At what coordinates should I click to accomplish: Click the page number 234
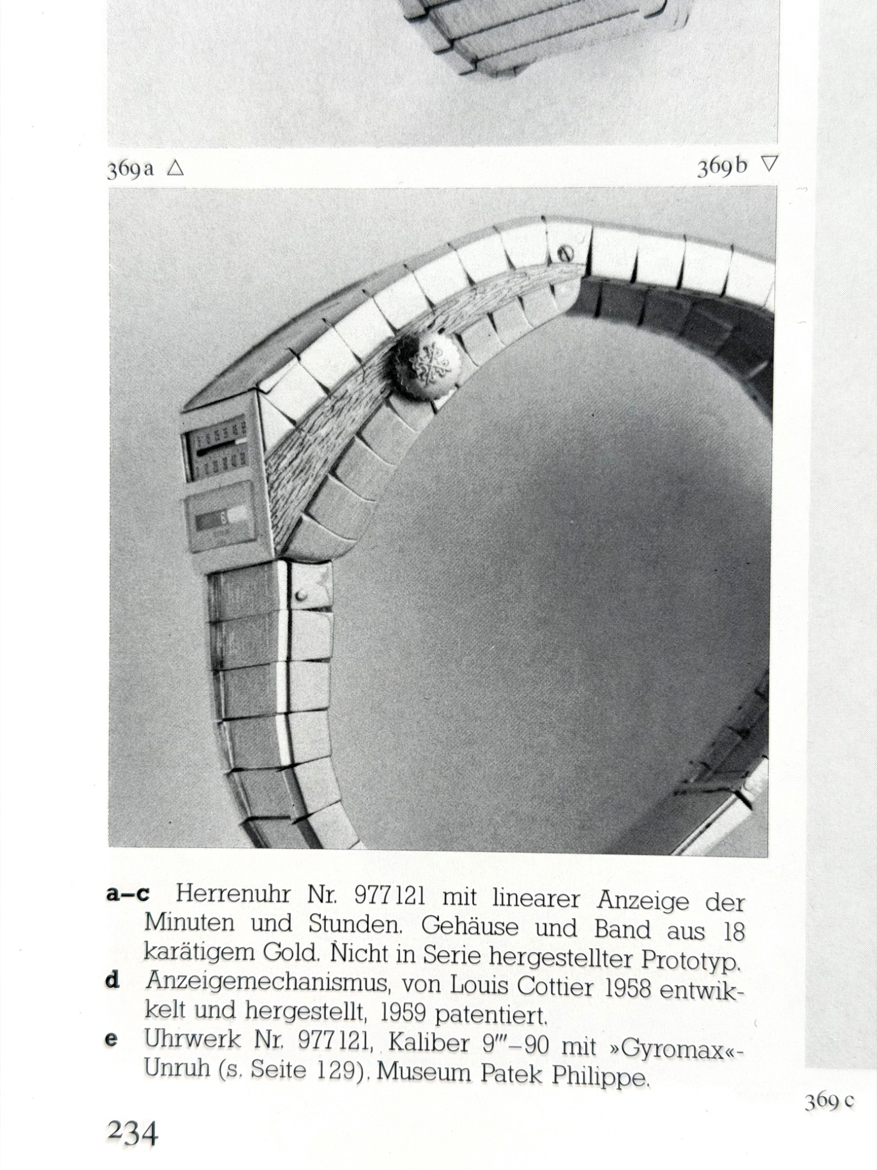(132, 1132)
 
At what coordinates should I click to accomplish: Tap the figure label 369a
(130, 170)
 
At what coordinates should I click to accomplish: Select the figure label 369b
(722, 167)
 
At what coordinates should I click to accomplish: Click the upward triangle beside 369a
(175, 168)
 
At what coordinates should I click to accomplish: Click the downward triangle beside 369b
(769, 165)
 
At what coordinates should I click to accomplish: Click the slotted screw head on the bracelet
(565, 254)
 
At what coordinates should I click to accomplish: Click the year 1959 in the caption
(403, 1013)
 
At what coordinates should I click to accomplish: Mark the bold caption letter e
(112, 1039)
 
